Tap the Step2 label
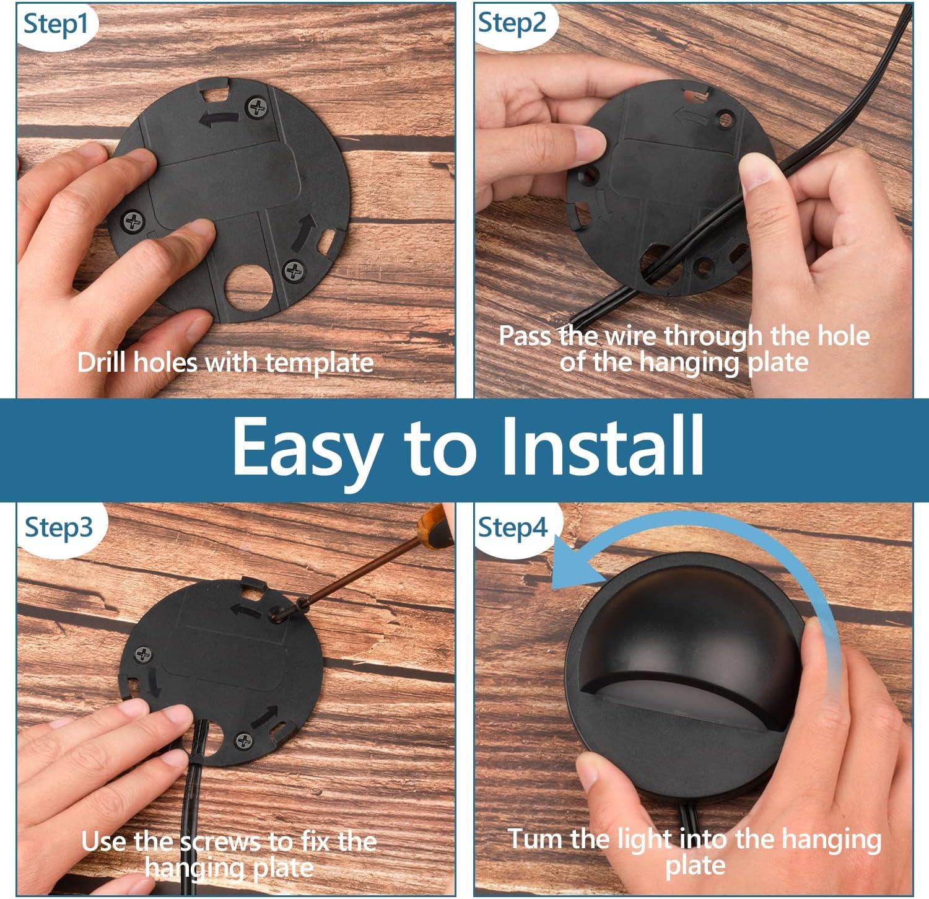click(512, 24)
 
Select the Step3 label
click(59, 528)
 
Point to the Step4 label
click(513, 528)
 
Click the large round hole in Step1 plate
click(249, 288)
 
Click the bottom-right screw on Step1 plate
click(294, 271)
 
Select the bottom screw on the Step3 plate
click(245, 740)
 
